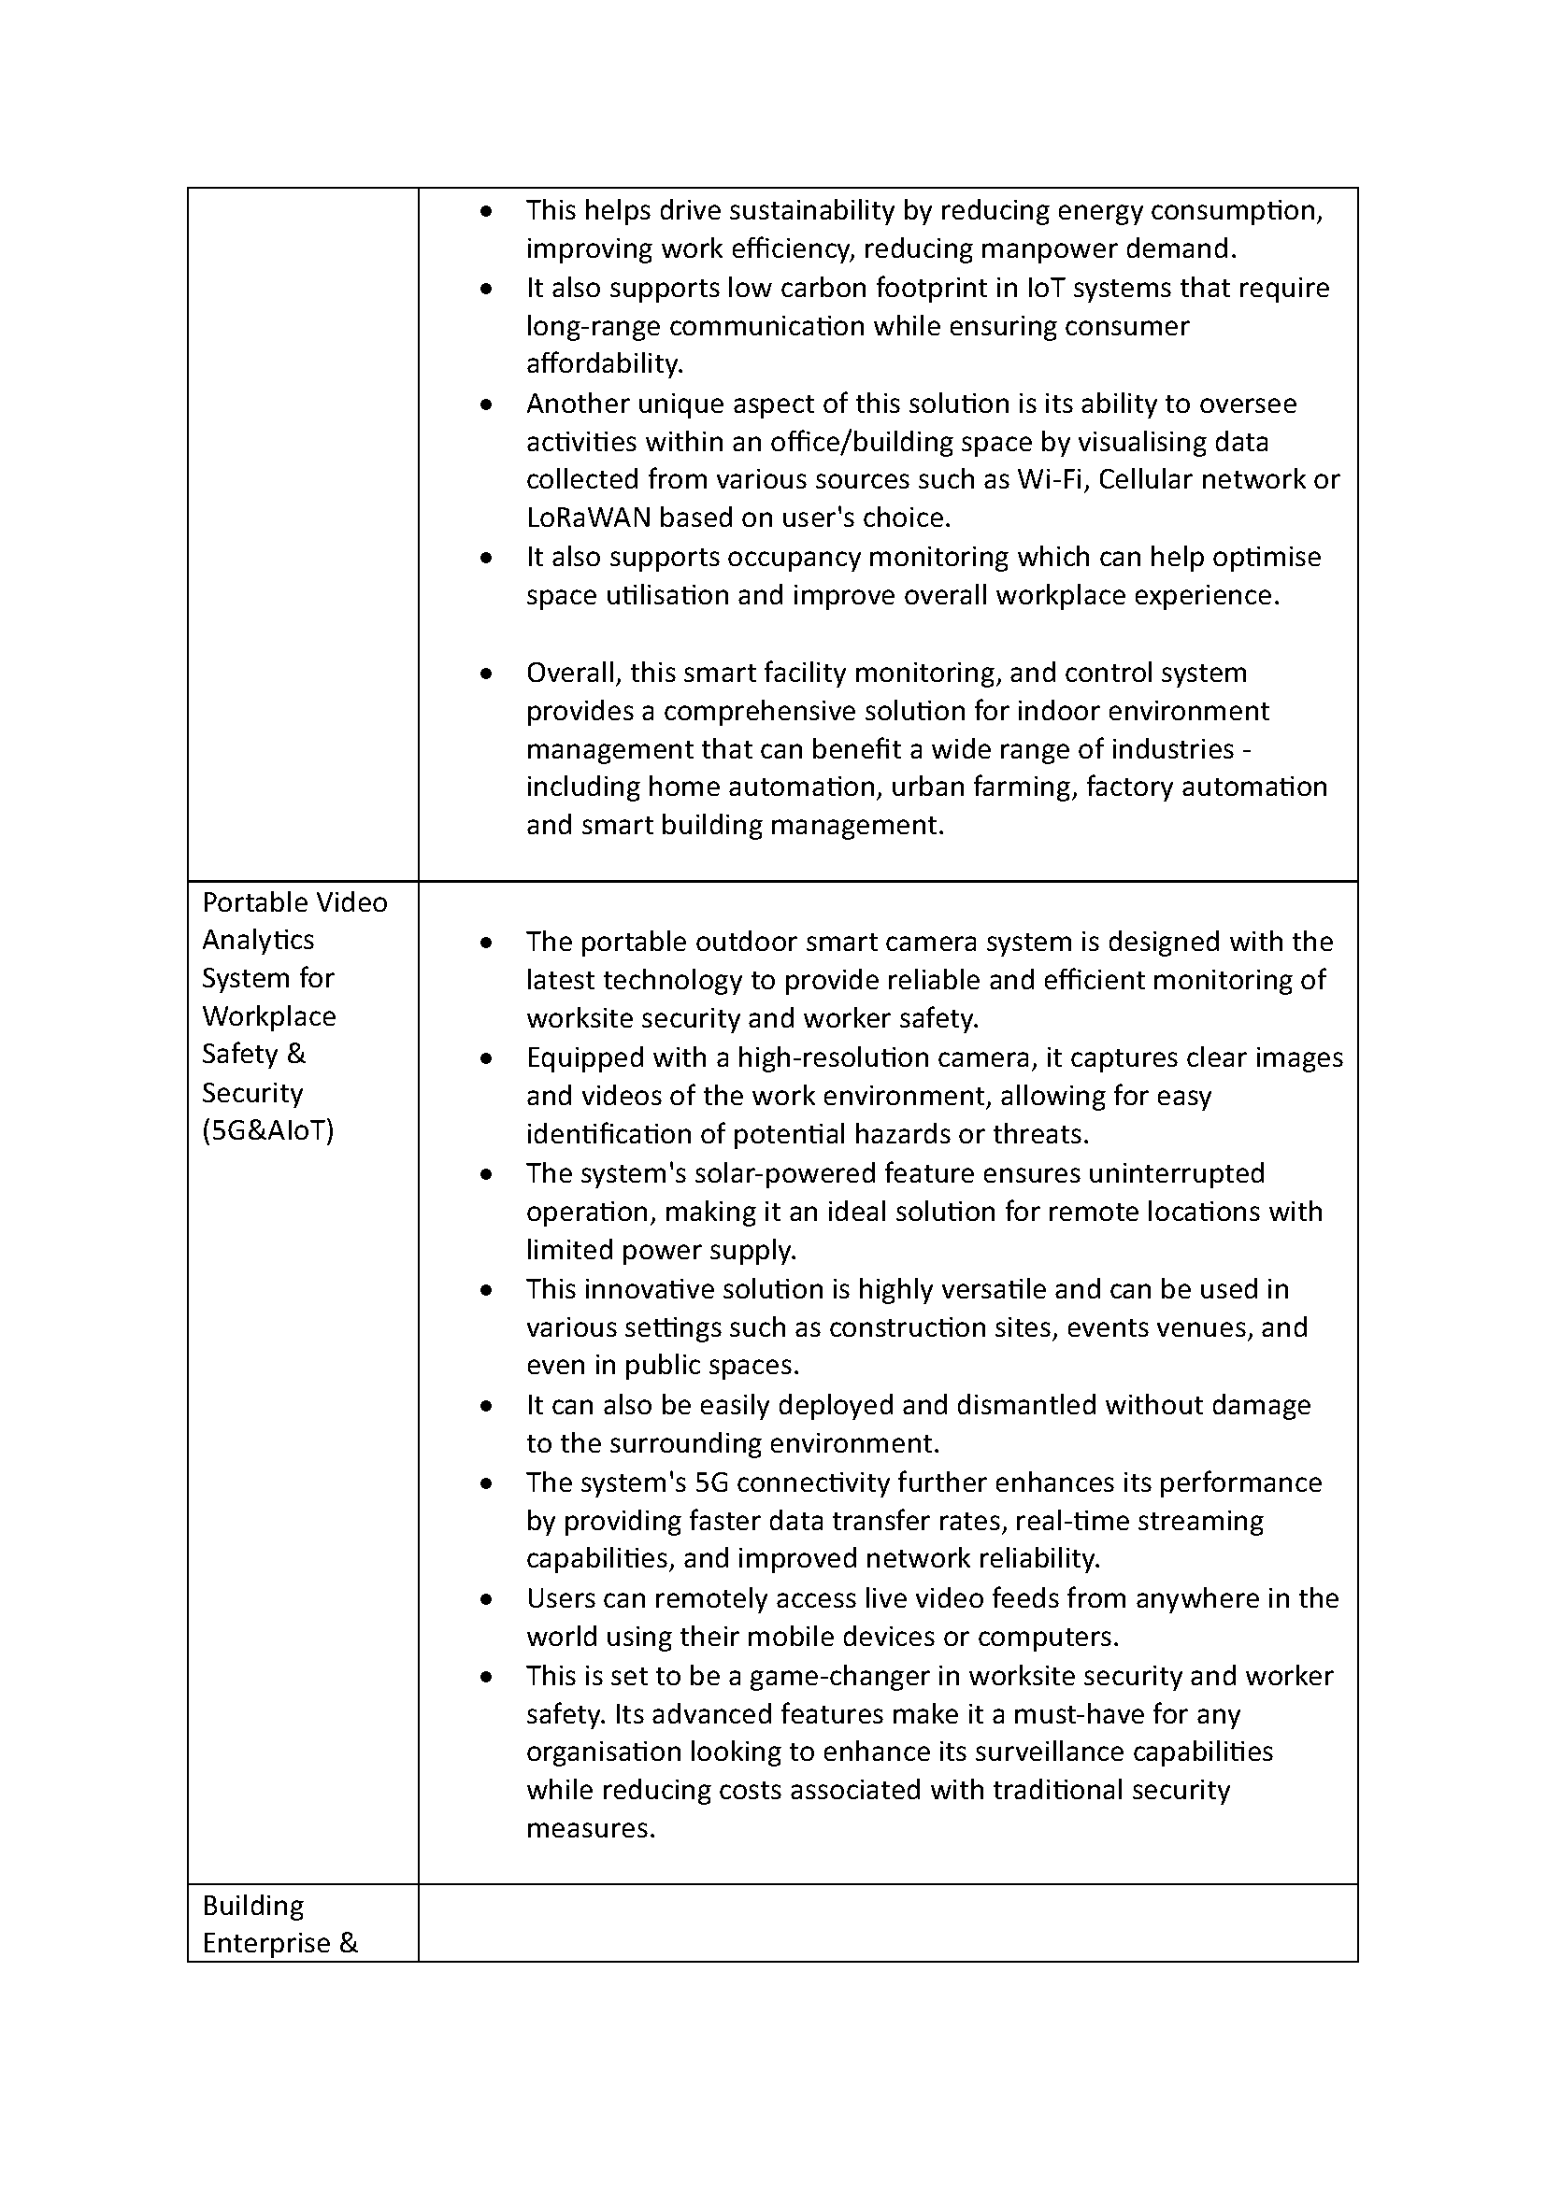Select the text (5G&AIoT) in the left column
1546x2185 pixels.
[267, 1130]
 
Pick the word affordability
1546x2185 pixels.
[604, 364]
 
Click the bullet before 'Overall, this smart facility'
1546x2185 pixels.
[486, 674]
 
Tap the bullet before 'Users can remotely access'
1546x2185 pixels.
[486, 1599]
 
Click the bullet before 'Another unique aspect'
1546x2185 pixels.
[486, 404]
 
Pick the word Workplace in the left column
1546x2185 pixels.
[268, 1016]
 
